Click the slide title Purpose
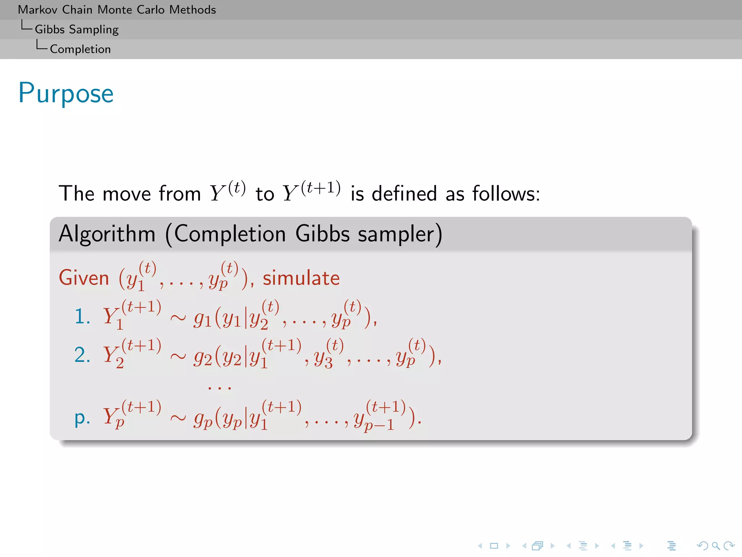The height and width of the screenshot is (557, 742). point(66,94)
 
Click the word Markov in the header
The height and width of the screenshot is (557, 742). point(38,10)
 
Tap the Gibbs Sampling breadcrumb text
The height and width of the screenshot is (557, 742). point(76,29)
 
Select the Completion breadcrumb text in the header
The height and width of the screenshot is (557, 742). point(80,49)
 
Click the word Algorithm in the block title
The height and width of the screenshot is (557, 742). point(107,234)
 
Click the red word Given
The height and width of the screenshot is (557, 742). point(84,278)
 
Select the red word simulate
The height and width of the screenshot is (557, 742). point(301,278)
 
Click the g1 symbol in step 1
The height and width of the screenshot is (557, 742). point(202,319)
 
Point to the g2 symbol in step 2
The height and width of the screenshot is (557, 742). point(202,358)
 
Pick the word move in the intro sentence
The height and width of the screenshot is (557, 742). point(126,194)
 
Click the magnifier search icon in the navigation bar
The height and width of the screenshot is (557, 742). point(716,546)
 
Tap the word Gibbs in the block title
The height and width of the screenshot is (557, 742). point(322,234)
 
